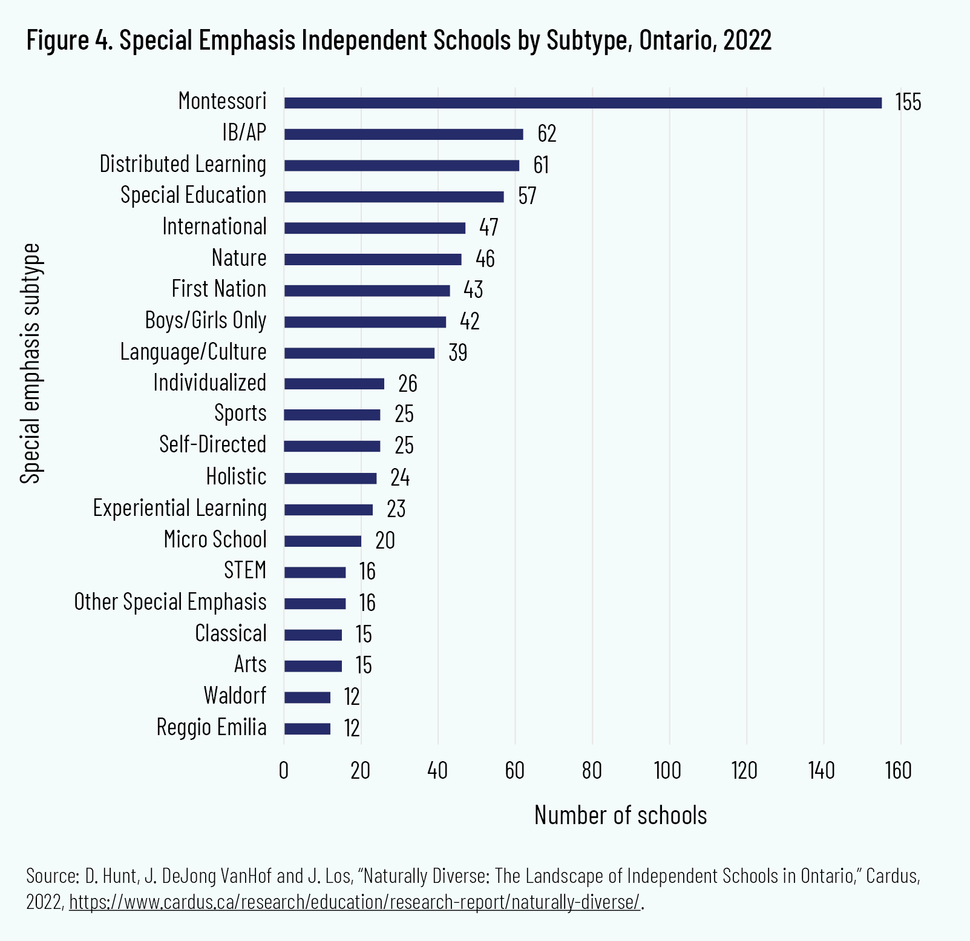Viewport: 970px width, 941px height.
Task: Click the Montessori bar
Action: click(582, 103)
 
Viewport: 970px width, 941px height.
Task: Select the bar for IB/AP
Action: click(404, 134)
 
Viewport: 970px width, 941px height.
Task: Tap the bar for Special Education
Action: click(393, 197)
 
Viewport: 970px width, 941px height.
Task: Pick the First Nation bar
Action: click(367, 291)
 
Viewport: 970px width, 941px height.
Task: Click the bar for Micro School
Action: click(323, 541)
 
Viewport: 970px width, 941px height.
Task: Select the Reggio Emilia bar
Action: click(307, 728)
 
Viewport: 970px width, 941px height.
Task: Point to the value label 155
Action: click(908, 102)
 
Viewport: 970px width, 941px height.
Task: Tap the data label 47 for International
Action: click(488, 228)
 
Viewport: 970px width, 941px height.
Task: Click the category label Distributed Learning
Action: click(183, 165)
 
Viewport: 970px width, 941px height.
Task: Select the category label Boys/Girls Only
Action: click(206, 320)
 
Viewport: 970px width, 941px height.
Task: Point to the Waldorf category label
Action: click(235, 696)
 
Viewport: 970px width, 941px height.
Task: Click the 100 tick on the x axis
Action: click(668, 771)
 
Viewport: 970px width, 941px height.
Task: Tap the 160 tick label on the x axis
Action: click(899, 771)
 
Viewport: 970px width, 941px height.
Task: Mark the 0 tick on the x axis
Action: click(284, 771)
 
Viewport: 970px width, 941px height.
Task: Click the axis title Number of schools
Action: click(620, 816)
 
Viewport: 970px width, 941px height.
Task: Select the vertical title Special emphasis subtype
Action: click(30, 363)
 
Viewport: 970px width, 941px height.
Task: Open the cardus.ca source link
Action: click(355, 902)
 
